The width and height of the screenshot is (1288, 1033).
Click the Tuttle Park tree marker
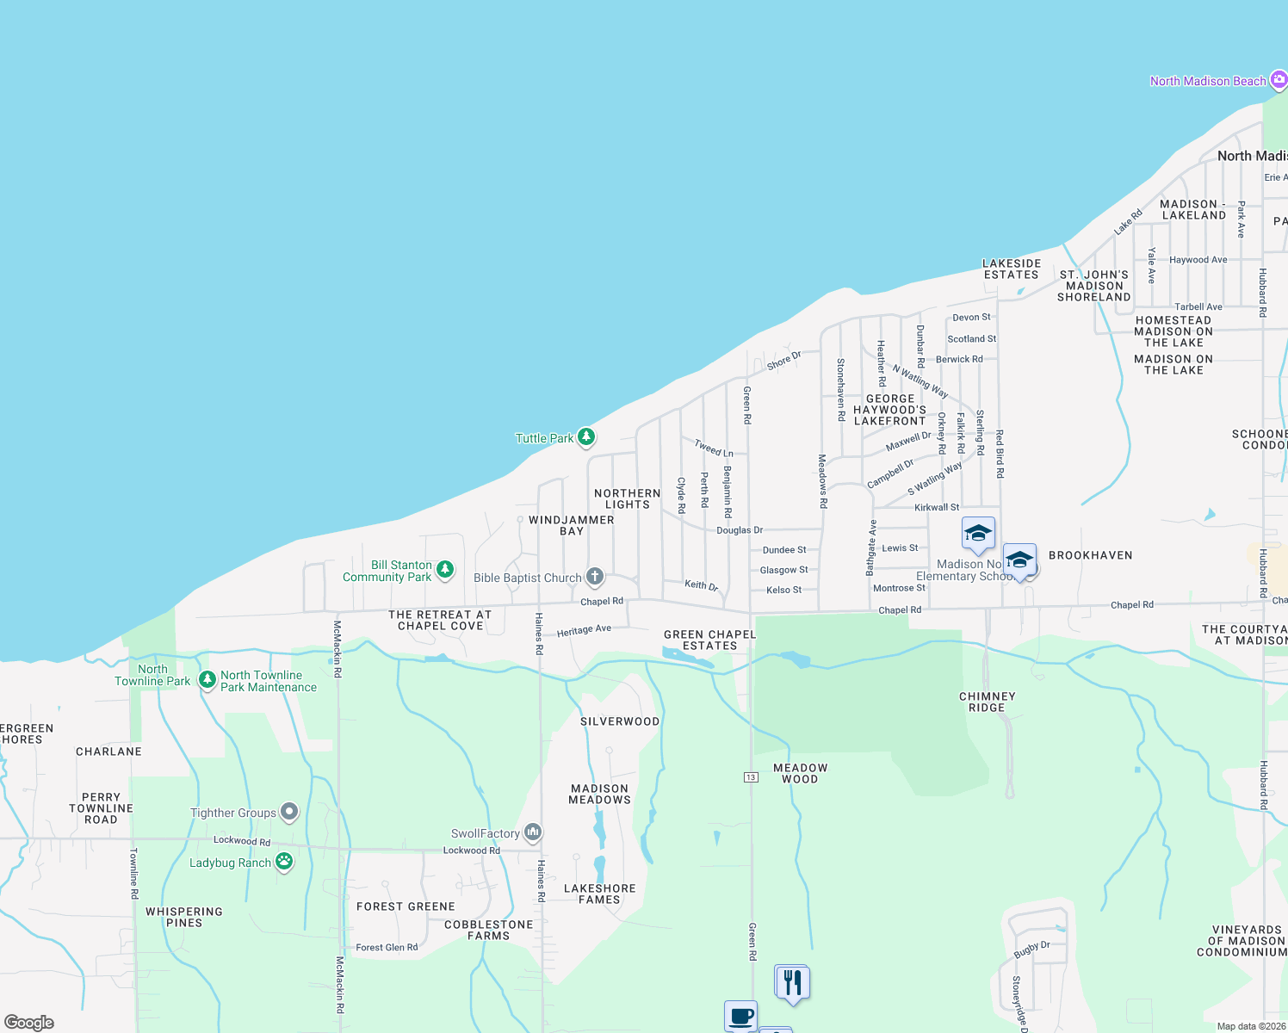(586, 437)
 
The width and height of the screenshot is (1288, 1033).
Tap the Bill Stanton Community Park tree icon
(445, 570)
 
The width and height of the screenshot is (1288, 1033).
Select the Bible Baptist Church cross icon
(595, 577)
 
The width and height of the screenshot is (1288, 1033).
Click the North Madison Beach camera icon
(1279, 80)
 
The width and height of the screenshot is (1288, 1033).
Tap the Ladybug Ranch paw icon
(284, 862)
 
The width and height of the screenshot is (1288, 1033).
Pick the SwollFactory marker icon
(533, 832)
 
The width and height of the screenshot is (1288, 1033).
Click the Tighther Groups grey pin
(289, 812)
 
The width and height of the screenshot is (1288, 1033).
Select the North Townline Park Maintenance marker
(207, 680)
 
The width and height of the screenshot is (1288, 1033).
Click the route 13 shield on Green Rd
(751, 777)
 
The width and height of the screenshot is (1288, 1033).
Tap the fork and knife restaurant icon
(792, 982)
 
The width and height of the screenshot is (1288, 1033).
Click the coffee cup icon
(740, 1016)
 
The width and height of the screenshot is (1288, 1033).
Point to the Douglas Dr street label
(740, 530)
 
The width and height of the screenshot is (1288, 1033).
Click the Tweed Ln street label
(714, 448)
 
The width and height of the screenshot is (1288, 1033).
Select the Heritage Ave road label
(584, 630)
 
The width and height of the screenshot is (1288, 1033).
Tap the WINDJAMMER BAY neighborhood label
(572, 525)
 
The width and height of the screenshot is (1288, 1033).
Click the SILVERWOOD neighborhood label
(620, 721)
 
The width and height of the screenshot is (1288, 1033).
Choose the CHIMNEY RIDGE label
(988, 702)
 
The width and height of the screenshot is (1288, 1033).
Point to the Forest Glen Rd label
(387, 947)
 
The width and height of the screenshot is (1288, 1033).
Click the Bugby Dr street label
(1031, 949)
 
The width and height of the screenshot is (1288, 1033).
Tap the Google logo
(29, 1022)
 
